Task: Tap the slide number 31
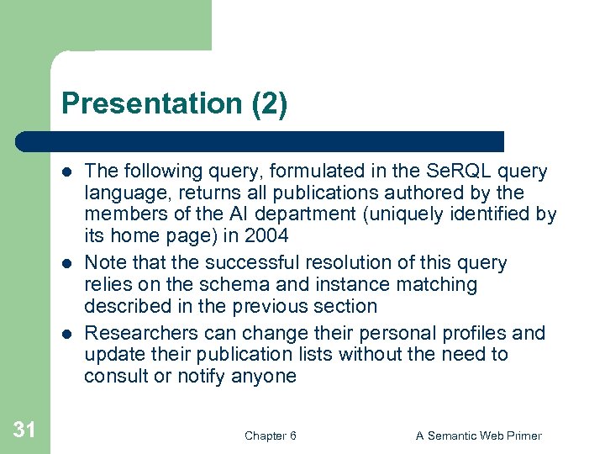24,430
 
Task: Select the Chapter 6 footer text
270,436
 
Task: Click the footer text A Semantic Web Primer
479,436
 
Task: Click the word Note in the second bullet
105,263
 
